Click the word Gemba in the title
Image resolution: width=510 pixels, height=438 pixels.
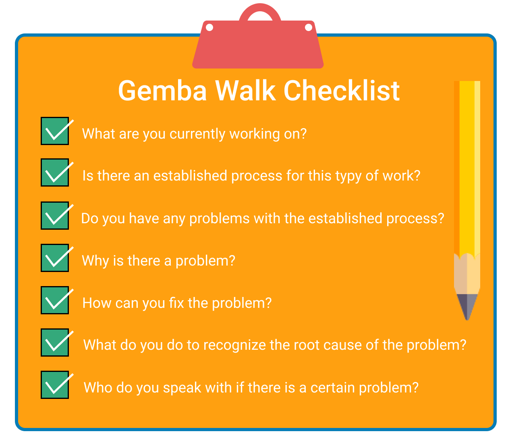pos(162,91)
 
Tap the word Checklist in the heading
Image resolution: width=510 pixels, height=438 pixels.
pos(342,90)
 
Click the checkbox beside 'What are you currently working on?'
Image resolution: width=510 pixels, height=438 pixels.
pos(55,131)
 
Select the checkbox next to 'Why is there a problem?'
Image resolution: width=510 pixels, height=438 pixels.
pos(55,257)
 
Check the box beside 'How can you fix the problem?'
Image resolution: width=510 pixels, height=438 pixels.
pos(55,300)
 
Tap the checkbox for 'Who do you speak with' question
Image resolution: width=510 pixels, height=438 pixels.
pos(55,385)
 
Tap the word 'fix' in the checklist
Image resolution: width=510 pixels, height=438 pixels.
pos(176,303)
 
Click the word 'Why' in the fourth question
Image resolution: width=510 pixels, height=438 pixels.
pos(95,262)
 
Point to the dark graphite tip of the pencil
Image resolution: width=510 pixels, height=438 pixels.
pos(467,307)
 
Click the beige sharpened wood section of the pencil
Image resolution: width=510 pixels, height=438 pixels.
pos(467,274)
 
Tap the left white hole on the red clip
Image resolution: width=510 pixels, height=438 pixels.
pos(209,27)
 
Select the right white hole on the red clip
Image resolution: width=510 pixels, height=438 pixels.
pos(309,27)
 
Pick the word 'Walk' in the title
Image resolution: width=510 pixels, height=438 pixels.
pos(245,90)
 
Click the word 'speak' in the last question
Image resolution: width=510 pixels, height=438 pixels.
pos(182,388)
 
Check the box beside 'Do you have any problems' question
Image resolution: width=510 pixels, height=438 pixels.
pos(55,216)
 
